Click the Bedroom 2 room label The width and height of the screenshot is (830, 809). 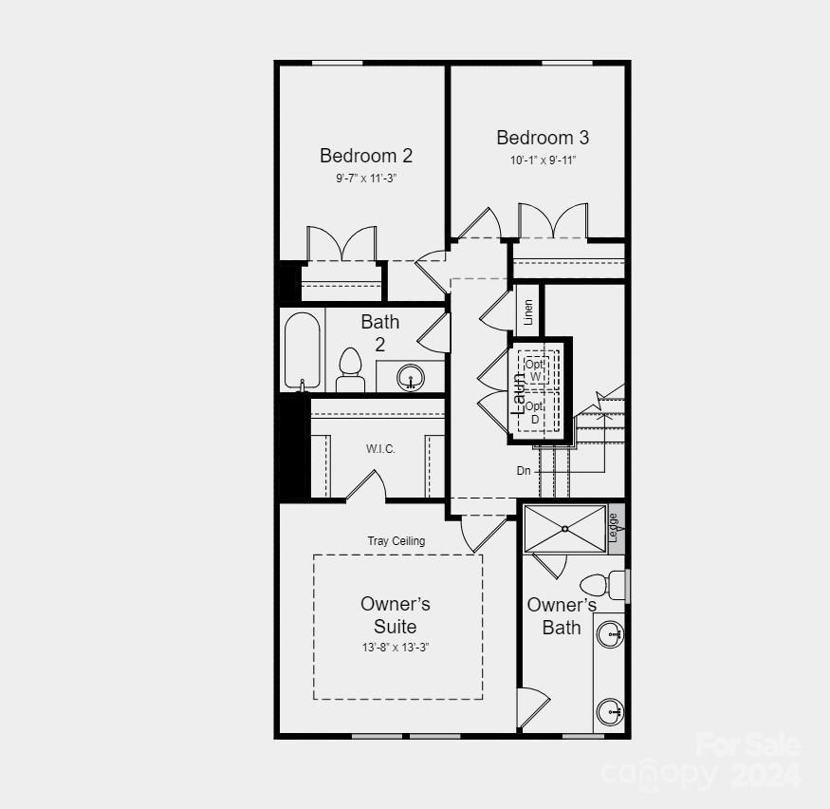(x=366, y=156)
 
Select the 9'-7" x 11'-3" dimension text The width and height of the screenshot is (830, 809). (x=366, y=178)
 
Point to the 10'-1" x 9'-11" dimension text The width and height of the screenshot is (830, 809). (x=543, y=160)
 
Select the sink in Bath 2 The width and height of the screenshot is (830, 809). (x=410, y=377)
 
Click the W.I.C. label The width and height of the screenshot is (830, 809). (x=380, y=448)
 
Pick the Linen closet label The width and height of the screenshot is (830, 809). (x=528, y=312)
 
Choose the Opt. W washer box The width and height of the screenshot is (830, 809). (x=535, y=369)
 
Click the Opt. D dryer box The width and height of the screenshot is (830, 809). (x=535, y=412)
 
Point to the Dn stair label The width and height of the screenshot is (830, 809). (x=524, y=471)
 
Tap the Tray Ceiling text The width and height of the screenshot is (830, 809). (x=397, y=541)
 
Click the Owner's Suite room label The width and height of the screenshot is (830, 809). (x=396, y=615)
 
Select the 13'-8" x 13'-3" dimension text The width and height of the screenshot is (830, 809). (x=396, y=648)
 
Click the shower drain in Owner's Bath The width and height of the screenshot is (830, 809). (x=564, y=528)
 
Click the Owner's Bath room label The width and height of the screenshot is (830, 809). (x=562, y=616)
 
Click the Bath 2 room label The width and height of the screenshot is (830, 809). (x=380, y=332)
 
